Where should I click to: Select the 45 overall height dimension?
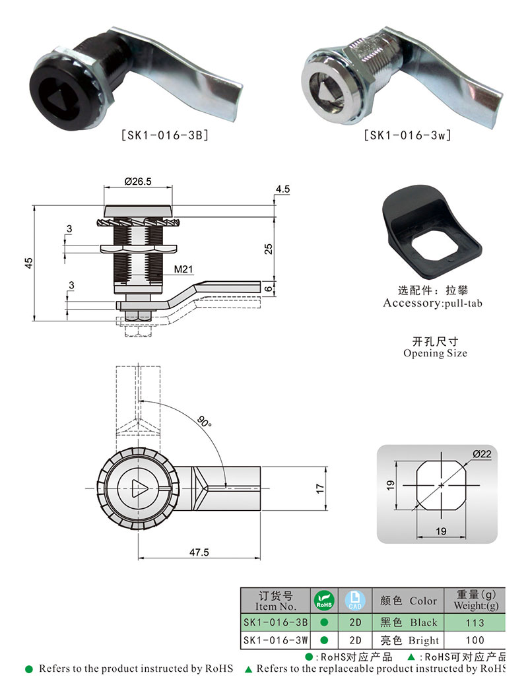pyautogui.click(x=28, y=263)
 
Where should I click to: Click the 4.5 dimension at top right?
pyautogui.click(x=283, y=189)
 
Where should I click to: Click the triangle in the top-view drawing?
pyautogui.click(x=139, y=488)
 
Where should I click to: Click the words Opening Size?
pyautogui.click(x=435, y=353)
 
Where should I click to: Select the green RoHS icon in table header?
pyautogui.click(x=323, y=600)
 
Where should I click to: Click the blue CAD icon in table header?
pyautogui.click(x=355, y=600)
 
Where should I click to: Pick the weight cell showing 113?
pyautogui.click(x=474, y=622)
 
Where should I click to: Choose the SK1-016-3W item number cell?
pyautogui.click(x=275, y=640)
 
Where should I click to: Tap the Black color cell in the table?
pyautogui.click(x=409, y=622)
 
